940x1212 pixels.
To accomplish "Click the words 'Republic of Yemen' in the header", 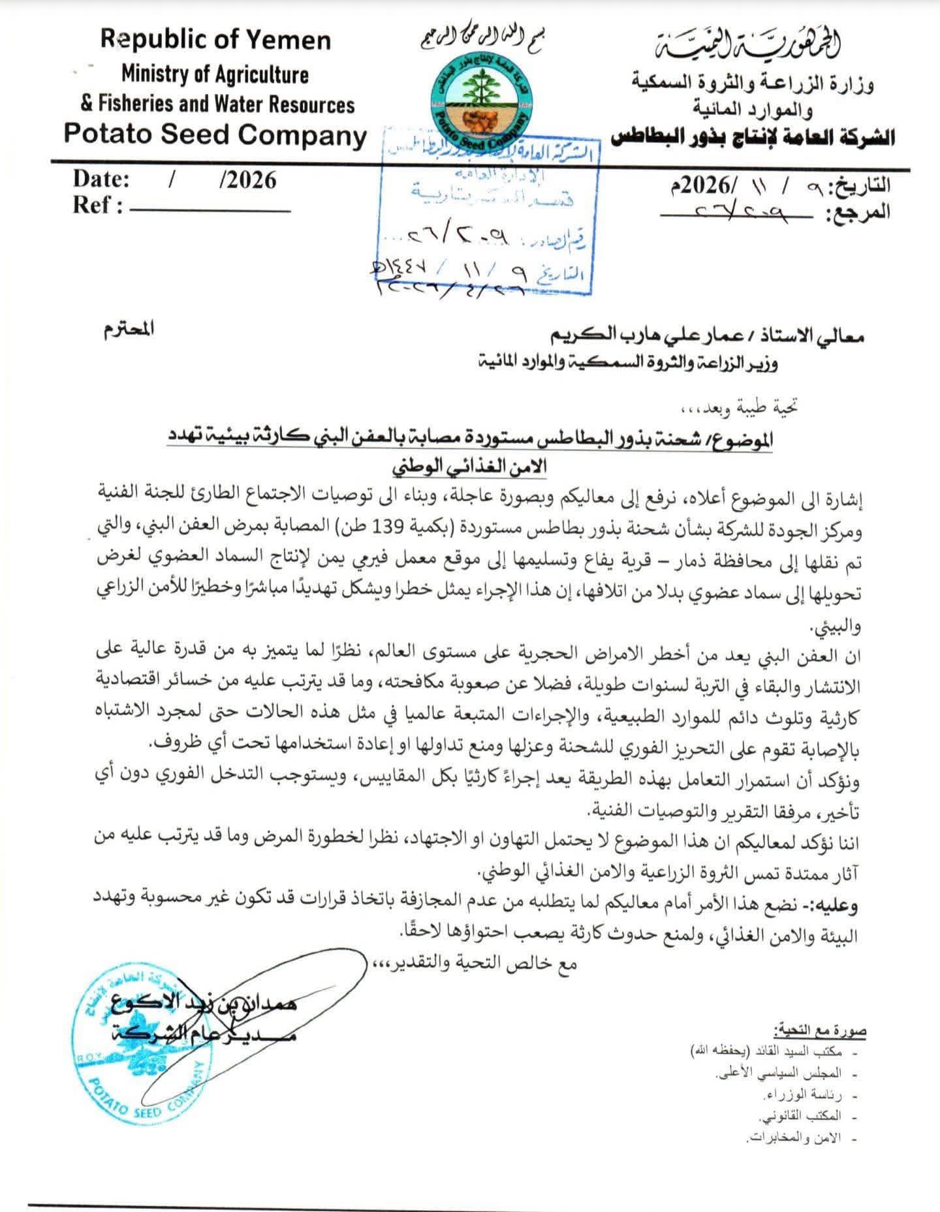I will coord(215,40).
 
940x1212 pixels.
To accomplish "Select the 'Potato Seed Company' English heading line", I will coord(215,135).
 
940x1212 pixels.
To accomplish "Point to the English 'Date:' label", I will coord(101,179).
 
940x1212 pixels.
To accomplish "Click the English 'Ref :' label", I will coord(98,206).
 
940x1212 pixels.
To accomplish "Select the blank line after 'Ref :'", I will coord(210,211).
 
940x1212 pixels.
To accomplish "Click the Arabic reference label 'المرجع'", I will coord(860,213).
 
